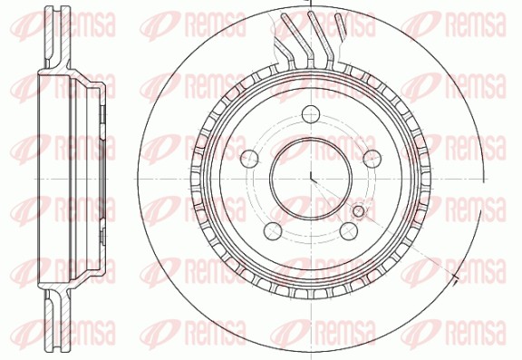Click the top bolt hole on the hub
(311, 114)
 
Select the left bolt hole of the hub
(249, 159)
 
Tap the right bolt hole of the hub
(372, 159)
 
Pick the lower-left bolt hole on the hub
(273, 230)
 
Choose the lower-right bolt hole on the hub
(349, 230)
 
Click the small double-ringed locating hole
(359, 211)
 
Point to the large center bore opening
(311, 179)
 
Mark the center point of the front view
(311, 179)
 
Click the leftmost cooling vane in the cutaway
(287, 40)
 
